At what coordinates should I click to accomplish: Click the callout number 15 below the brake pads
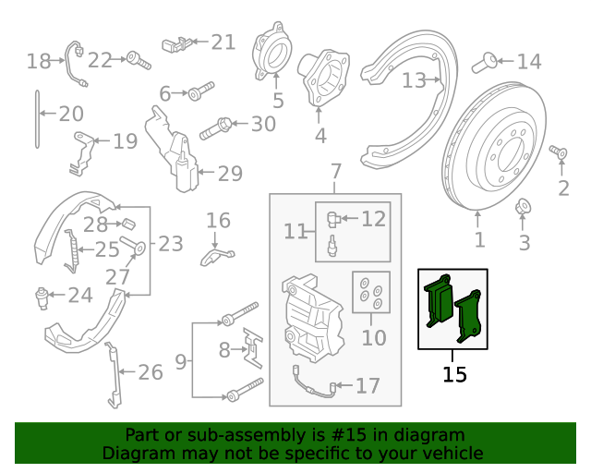tap(454, 374)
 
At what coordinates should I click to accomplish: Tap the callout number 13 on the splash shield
tap(414, 81)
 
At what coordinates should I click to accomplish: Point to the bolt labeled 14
tap(482, 63)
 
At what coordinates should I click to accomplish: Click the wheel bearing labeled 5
tap(271, 55)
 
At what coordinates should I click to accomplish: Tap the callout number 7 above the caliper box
tap(335, 172)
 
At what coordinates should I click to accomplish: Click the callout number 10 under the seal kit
tap(374, 338)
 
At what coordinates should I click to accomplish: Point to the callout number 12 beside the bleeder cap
tap(372, 219)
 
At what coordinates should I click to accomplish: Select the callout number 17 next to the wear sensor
tap(368, 386)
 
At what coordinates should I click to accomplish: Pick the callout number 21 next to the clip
tap(223, 42)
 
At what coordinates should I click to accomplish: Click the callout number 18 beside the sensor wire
tap(38, 62)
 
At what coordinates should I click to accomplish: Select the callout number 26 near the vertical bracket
tap(150, 372)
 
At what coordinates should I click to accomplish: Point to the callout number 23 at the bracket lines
tap(171, 244)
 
